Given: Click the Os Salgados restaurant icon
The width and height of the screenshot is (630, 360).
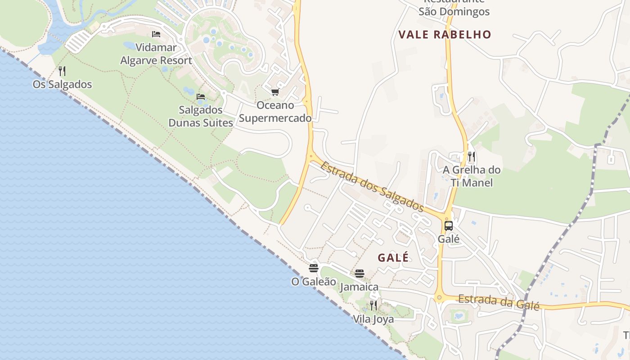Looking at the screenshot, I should point(62,71).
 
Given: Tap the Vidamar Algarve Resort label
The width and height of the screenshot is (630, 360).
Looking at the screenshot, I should point(156,54).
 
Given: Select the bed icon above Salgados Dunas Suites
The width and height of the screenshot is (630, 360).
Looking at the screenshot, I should point(201,97).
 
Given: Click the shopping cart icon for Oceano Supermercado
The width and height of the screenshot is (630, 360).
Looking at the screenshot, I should point(275,92).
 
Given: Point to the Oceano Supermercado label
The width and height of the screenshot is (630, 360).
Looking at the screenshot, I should point(275,112).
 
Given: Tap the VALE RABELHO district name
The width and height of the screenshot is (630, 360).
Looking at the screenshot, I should point(445,35).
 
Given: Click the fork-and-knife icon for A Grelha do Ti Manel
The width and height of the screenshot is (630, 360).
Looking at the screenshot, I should point(471,157).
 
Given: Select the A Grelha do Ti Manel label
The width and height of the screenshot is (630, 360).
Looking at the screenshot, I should point(471,176).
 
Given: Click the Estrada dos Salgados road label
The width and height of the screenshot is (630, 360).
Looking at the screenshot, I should point(372,186).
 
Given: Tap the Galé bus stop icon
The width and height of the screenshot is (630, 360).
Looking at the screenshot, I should point(449,226).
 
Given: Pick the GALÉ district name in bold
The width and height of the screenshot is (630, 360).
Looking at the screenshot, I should point(393,257).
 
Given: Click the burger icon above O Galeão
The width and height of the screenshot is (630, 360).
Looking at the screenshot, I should point(314,268).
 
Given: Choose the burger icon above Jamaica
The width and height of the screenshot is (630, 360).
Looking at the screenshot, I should point(359,273).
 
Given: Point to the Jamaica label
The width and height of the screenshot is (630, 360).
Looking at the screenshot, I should point(359,287).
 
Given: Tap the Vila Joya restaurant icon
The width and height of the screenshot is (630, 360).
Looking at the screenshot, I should point(373,306).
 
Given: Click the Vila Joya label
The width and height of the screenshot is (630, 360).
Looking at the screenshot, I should point(373,319).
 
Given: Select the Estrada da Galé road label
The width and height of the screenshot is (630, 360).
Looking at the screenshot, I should point(498,301).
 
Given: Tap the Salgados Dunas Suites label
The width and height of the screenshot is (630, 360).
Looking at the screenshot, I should point(201,116).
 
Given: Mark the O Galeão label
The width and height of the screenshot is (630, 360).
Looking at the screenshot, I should point(314,282).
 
